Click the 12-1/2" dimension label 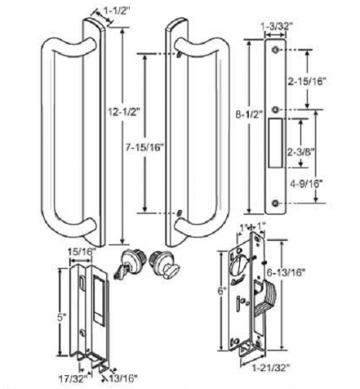123,112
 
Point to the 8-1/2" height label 249,115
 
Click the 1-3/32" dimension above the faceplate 276,26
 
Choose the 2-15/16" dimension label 306,82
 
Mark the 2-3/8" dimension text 300,152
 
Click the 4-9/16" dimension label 306,184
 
